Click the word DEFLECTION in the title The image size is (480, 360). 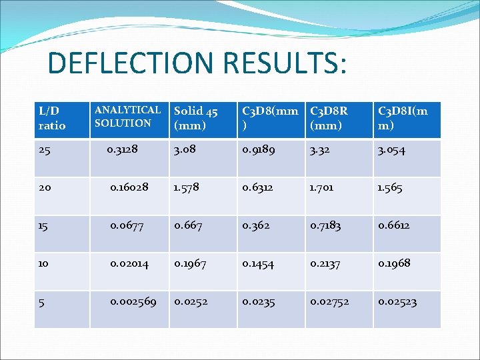133,63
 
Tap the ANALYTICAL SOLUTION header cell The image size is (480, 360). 127,117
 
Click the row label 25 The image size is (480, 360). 45,151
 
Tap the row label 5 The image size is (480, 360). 42,302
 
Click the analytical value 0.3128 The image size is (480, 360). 122,150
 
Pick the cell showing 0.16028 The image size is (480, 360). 129,188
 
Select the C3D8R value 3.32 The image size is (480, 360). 321,151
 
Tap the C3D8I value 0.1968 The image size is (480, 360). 394,263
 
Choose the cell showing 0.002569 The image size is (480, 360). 133,302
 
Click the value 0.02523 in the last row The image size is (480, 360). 397,302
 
